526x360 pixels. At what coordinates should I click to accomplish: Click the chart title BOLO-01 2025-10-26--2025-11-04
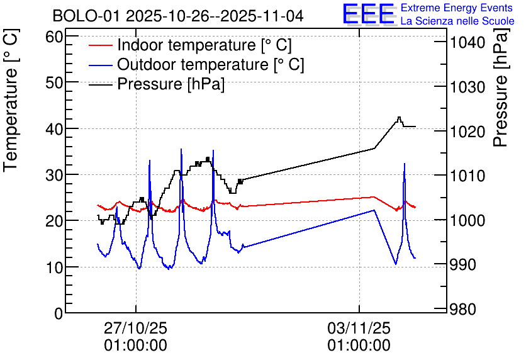pos(178,16)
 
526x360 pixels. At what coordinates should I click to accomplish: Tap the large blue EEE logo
pos(368,14)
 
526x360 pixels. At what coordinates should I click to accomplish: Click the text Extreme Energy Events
pos(457,8)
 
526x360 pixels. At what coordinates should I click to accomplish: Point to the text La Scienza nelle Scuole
pos(457,21)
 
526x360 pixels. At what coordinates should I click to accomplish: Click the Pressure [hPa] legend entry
pos(171,84)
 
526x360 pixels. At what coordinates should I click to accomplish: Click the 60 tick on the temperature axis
pos(56,37)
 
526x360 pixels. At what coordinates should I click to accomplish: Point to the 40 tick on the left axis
pos(56,128)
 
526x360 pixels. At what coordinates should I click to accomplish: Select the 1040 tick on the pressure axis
pos(466,43)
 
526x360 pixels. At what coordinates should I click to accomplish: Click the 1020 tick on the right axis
pos(466,132)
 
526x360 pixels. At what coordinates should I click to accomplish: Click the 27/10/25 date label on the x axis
pos(136,329)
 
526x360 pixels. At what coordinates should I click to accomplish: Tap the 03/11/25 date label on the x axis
pos(359,329)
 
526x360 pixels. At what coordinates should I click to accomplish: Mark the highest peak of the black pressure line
pos(399,117)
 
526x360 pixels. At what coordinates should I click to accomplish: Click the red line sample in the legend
pos(101,45)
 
